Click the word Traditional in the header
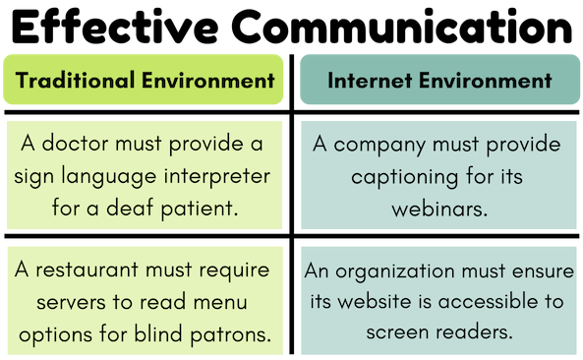pos(74,81)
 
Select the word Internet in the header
pos(364,81)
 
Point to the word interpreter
pos(217,176)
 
